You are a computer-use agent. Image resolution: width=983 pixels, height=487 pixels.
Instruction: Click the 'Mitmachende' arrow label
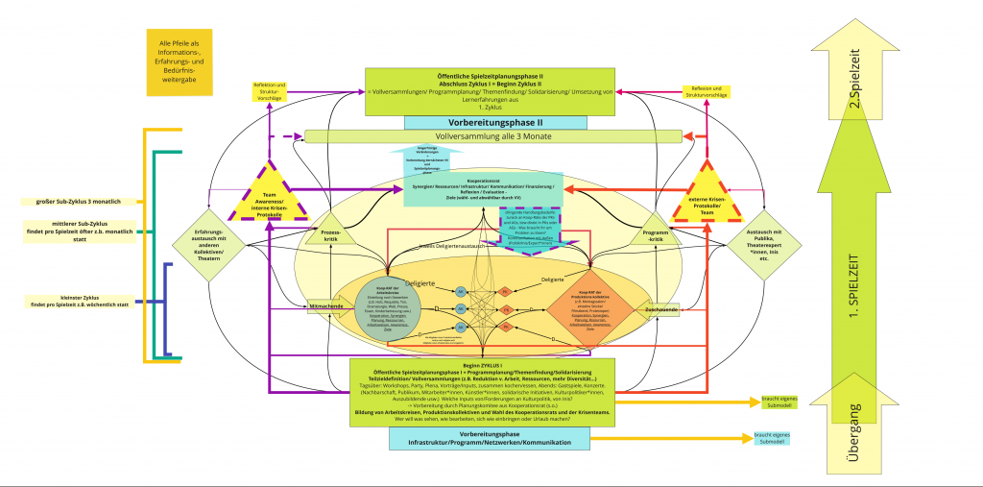[x=327, y=305]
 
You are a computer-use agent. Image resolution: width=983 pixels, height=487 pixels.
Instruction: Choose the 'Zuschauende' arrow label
[x=661, y=308]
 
